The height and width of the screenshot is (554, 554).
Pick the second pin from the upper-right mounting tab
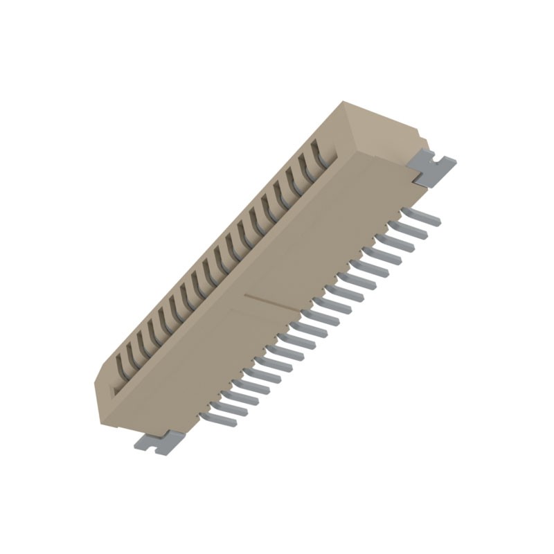click(x=410, y=227)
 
